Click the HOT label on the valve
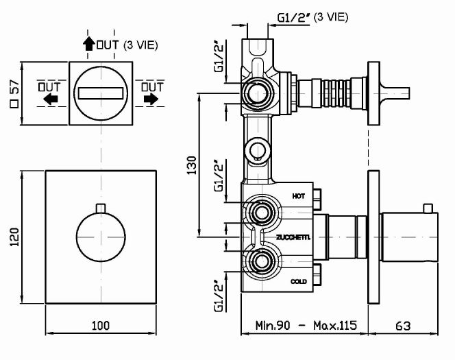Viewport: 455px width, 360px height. point(298,196)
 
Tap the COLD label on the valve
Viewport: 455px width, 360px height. point(299,281)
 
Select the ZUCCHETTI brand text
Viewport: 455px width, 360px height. point(293,237)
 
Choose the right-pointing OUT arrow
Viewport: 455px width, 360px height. point(151,99)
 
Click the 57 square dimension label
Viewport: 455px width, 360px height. point(14,93)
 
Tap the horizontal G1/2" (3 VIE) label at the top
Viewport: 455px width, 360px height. point(295,19)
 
